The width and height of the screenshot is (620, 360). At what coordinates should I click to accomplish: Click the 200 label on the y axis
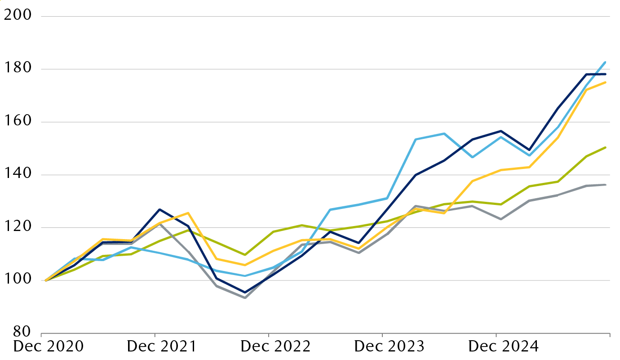[18, 15]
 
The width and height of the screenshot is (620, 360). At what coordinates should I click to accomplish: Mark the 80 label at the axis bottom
[21, 333]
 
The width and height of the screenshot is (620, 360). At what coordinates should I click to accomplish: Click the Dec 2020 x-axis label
[49, 347]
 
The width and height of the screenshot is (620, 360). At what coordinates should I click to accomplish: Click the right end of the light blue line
[606, 62]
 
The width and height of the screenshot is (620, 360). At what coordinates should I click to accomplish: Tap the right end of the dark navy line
[606, 74]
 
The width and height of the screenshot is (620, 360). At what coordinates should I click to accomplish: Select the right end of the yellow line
[606, 82]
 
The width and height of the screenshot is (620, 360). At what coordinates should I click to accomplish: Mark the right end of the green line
[606, 147]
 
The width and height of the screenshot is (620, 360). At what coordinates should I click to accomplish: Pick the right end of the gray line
[606, 185]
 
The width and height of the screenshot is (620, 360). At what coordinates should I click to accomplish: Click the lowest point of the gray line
[245, 298]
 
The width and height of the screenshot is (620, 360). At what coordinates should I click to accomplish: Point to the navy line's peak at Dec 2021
[159, 209]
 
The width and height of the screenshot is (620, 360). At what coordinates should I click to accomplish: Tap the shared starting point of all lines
[46, 280]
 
